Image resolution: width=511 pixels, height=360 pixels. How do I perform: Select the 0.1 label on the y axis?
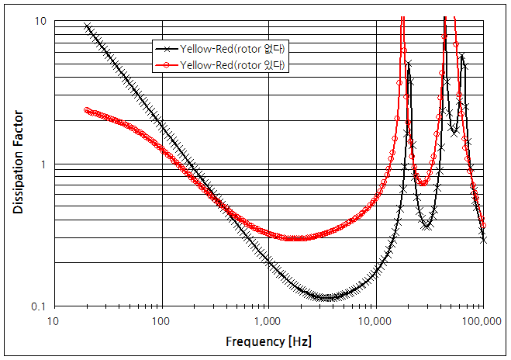coord(37,307)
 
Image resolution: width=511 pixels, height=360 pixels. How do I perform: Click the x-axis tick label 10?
coord(53,321)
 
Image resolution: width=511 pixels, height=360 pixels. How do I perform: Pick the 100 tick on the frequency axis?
coord(161,321)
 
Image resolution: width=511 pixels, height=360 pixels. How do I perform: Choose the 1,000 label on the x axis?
coord(268,321)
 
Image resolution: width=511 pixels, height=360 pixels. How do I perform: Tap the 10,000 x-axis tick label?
coord(375,321)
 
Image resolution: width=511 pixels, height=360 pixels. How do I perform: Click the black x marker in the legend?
coord(167,49)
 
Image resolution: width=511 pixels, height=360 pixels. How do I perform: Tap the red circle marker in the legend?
coord(167,66)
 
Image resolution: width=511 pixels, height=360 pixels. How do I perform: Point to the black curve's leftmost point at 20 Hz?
coord(86,26)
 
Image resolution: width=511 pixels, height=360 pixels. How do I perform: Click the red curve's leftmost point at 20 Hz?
coord(86,110)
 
